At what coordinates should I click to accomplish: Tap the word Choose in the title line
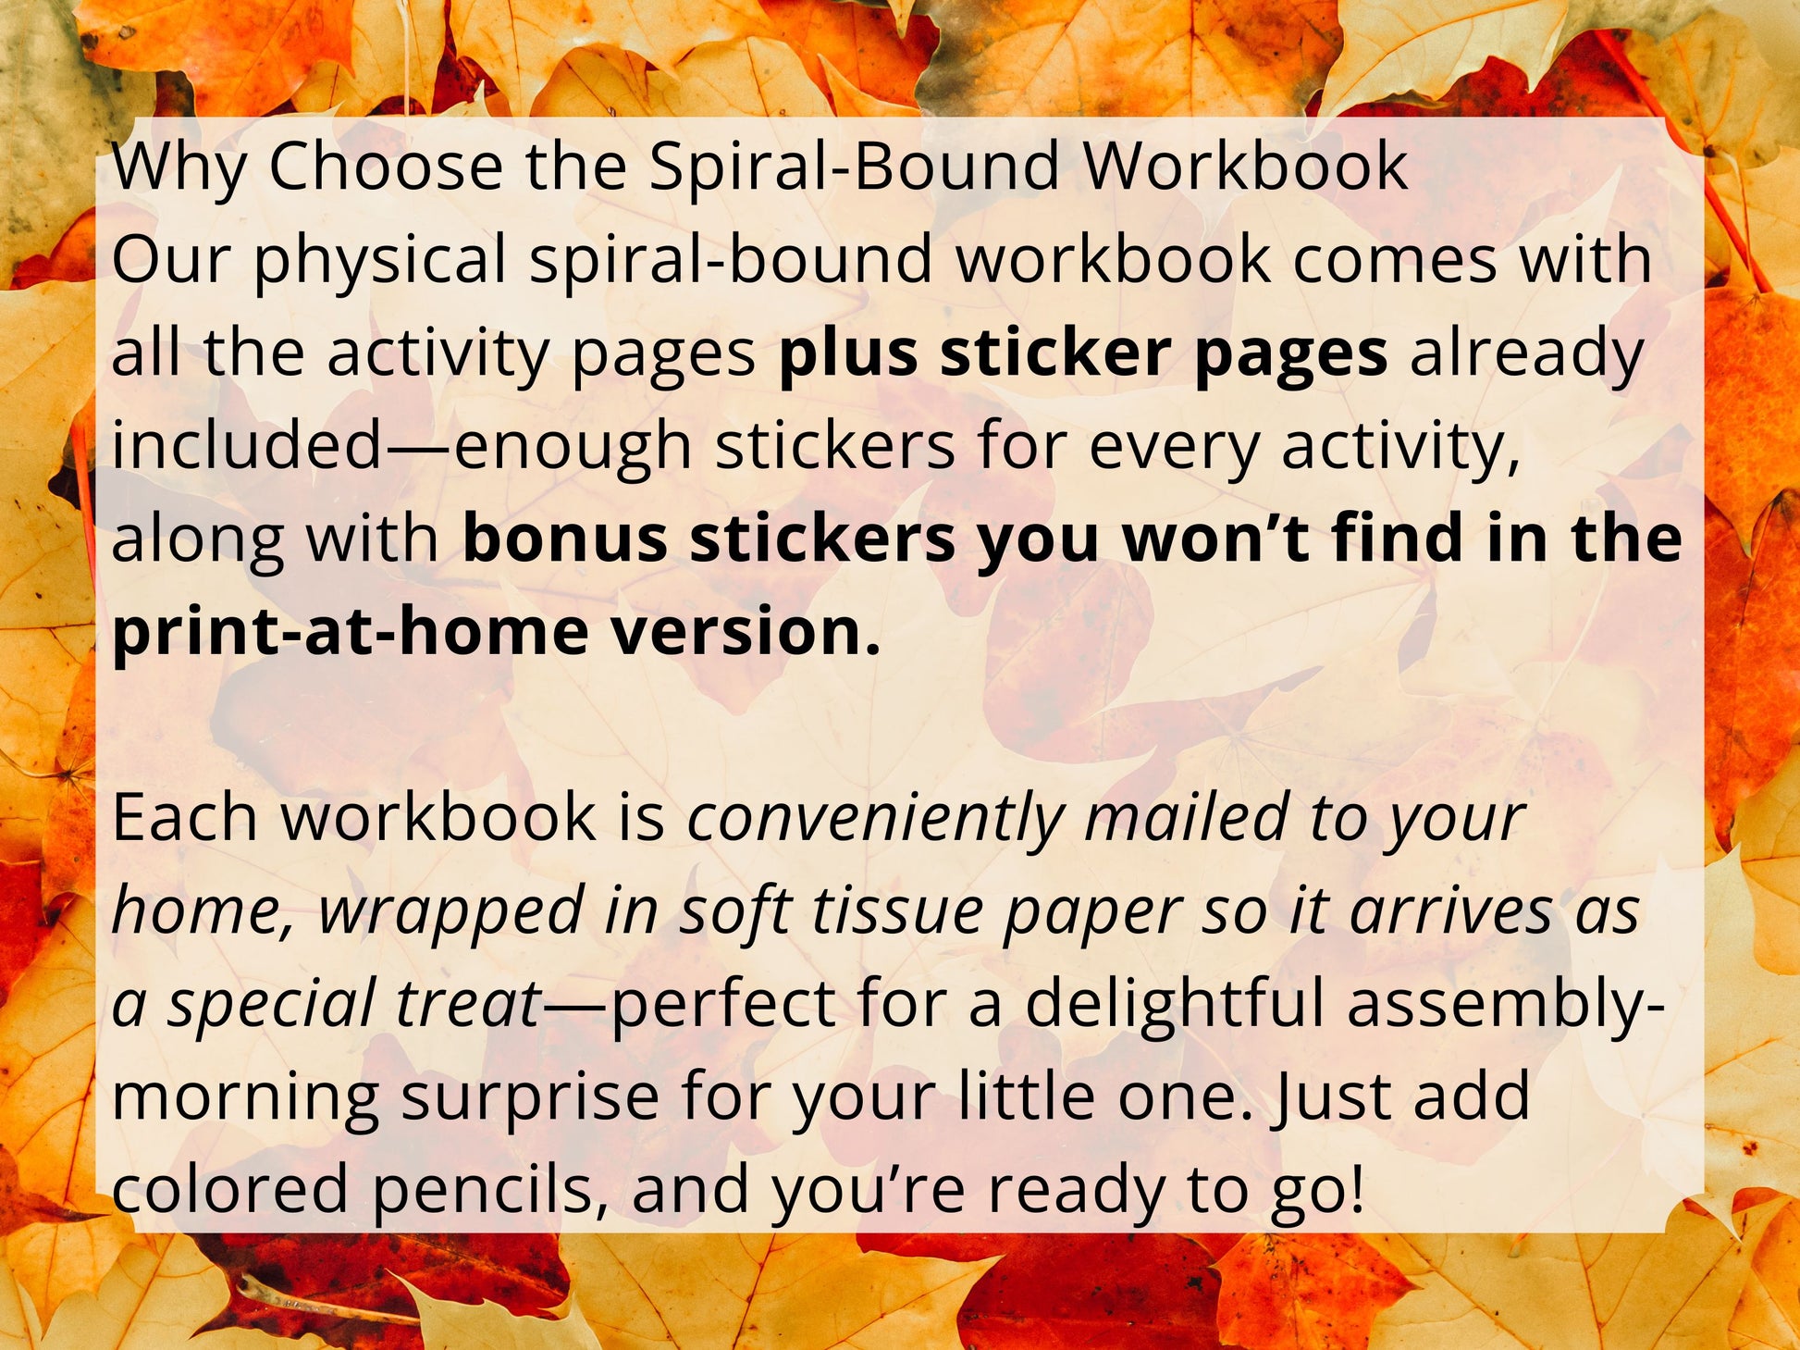(x=385, y=167)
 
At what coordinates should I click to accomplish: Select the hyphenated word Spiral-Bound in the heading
(x=854, y=167)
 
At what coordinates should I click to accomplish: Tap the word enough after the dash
(x=573, y=447)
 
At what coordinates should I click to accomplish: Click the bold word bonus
(x=565, y=539)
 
